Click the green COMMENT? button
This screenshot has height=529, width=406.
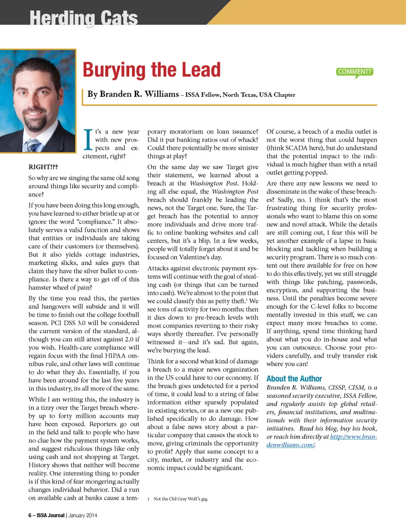(355, 72)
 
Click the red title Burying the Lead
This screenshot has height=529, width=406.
(151, 70)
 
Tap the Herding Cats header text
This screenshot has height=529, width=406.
(83, 18)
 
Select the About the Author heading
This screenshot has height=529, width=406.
(294, 379)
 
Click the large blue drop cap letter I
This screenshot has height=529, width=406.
(88, 140)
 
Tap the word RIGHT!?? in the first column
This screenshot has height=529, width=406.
(43, 167)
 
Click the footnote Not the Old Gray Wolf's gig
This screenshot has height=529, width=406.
(181, 499)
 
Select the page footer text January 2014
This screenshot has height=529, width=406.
(83, 515)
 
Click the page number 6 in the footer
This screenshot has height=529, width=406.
(30, 515)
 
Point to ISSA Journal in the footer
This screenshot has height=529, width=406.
(50, 515)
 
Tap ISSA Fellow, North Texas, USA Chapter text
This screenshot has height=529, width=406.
(240, 95)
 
